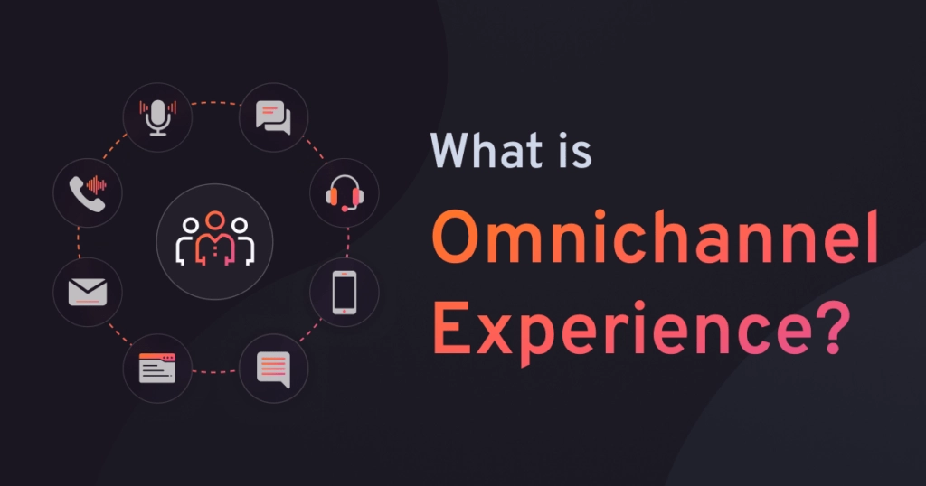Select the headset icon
coord(344,192)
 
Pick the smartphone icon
coord(344,292)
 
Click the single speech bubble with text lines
coord(273,369)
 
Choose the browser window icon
coord(157,369)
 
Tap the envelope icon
coord(88,292)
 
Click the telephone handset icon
coord(88,192)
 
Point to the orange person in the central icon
coord(214,237)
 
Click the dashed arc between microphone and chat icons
coord(215,103)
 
